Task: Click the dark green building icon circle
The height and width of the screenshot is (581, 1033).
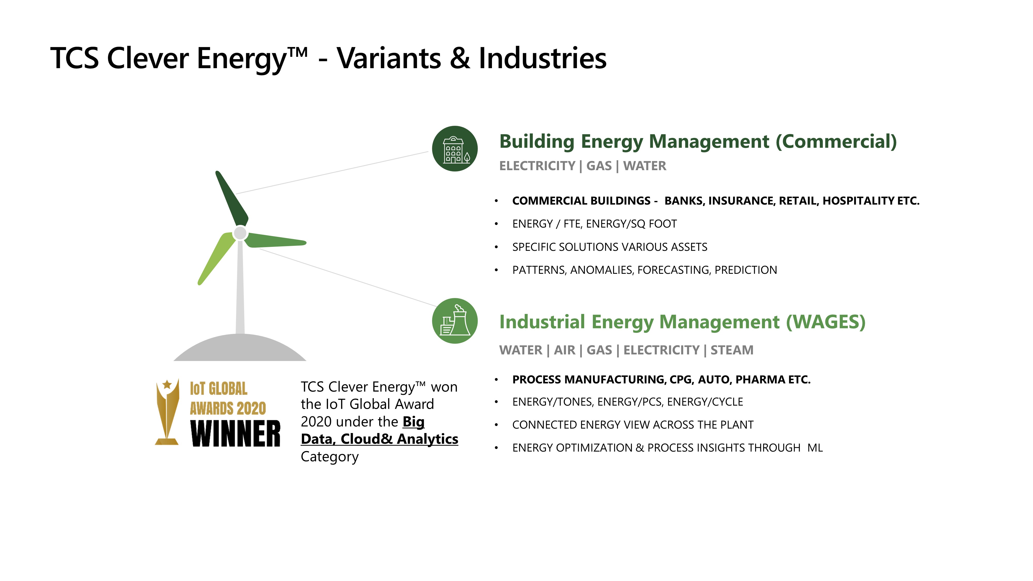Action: click(455, 149)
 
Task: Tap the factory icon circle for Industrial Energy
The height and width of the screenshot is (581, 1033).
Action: click(455, 321)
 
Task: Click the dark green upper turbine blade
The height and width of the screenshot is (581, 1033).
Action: click(232, 199)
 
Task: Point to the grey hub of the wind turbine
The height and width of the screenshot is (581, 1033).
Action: click(240, 233)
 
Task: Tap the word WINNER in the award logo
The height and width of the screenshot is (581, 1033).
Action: click(235, 434)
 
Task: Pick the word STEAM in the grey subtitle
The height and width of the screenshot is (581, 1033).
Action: click(732, 350)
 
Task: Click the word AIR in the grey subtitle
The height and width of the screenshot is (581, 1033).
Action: click(565, 350)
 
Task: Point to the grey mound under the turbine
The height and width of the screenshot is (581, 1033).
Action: click(240, 348)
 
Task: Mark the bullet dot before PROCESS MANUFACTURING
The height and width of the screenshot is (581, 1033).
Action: click(496, 379)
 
